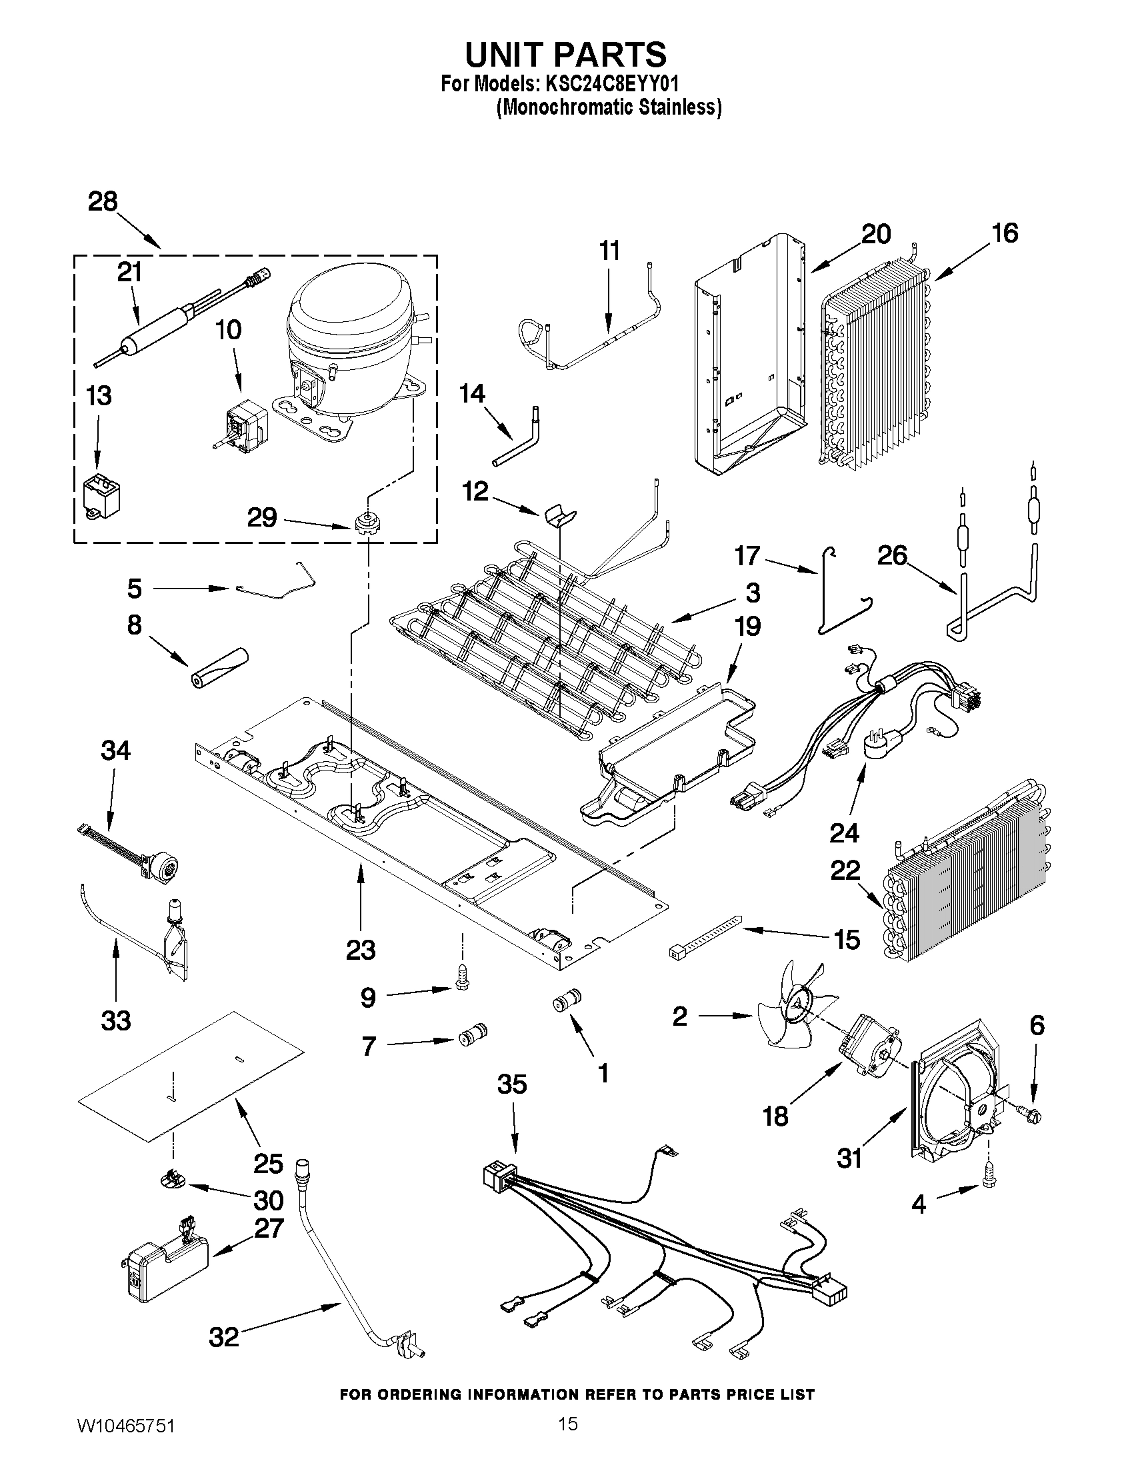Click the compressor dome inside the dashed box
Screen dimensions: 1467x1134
click(349, 316)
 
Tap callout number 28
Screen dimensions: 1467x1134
click(103, 201)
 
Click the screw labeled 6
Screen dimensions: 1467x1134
click(1035, 1116)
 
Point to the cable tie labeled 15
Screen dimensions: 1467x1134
click(705, 936)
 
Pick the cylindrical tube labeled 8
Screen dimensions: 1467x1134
click(217, 667)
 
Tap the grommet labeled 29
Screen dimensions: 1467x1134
click(364, 523)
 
